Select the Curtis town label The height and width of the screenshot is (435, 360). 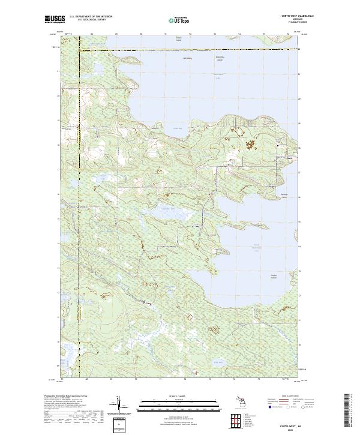(x=290, y=158)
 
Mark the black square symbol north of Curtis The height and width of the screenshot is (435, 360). (x=277, y=145)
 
